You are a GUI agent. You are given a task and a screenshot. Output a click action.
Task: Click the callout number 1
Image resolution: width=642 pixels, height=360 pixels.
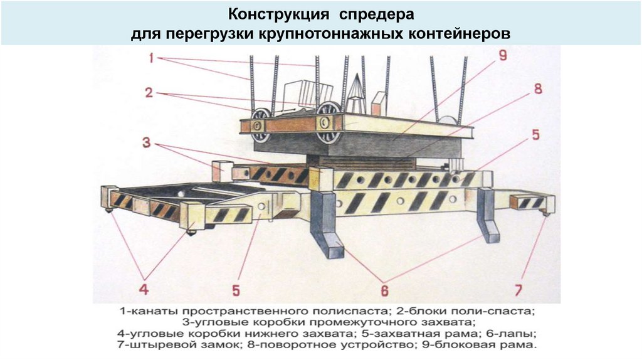[x=151, y=59]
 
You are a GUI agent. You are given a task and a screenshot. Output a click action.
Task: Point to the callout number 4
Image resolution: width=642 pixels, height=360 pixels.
[x=144, y=289]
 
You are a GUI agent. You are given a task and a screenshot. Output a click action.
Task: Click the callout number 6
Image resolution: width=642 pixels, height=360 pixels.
[x=384, y=290]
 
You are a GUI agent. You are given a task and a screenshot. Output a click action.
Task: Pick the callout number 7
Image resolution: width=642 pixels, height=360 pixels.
[x=518, y=290]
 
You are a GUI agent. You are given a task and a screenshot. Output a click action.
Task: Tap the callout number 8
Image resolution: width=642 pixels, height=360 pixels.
[x=537, y=88]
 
